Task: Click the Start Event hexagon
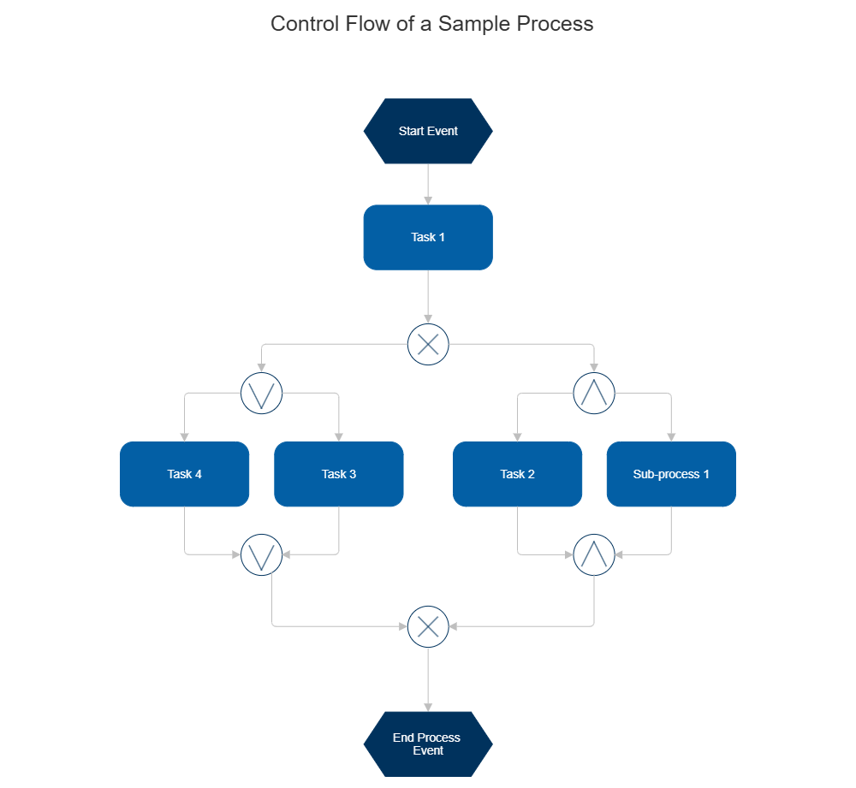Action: coord(428,131)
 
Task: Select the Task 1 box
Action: coord(428,237)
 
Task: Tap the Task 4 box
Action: coord(185,474)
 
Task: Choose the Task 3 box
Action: coord(339,474)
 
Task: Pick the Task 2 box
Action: coord(518,474)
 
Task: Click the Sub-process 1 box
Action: coord(671,474)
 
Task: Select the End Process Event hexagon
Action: coord(428,744)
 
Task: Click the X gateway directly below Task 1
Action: coord(428,344)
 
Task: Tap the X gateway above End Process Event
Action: coord(428,626)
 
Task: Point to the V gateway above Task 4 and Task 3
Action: coord(262,394)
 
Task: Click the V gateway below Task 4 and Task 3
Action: coord(262,554)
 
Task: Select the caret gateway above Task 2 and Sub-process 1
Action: coord(594,394)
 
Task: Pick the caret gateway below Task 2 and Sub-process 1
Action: coord(594,554)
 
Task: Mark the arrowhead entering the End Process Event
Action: coord(428,705)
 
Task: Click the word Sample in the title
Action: coord(473,23)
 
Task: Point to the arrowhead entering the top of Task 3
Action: coord(339,435)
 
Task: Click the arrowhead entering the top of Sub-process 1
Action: coord(671,435)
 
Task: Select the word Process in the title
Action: coord(554,23)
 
